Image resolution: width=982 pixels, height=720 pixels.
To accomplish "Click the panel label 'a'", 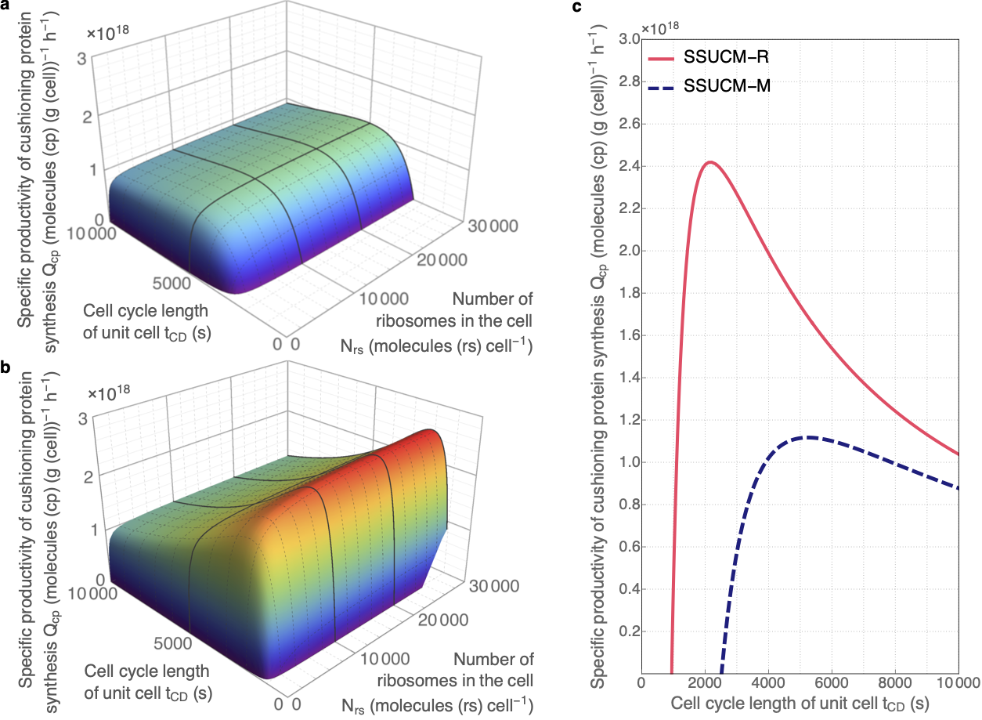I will click(5, 6).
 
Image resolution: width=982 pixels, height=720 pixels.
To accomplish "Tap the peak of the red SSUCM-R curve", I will click(710, 162).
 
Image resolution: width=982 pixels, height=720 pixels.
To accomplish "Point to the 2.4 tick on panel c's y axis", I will click(629, 166).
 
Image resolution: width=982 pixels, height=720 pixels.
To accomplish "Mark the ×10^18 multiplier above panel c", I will click(660, 28).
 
